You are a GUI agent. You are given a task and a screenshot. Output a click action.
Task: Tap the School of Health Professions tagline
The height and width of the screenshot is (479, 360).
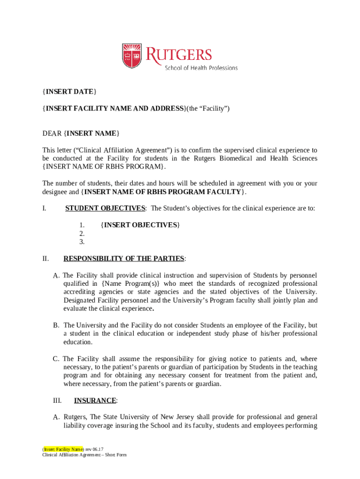click(201, 68)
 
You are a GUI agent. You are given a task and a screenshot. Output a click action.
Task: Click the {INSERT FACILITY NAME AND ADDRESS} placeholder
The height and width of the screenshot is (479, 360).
click(114, 109)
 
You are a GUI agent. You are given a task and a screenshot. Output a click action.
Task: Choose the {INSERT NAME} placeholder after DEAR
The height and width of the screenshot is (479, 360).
click(92, 134)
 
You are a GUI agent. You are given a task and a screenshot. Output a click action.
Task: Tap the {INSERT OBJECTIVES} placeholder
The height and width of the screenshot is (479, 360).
click(140, 225)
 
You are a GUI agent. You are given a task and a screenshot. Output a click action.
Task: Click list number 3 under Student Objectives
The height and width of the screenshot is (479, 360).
click(82, 242)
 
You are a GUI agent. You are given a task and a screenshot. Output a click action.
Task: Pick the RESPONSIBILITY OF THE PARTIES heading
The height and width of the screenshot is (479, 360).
click(124, 259)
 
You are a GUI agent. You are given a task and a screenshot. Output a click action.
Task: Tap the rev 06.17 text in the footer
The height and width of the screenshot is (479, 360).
click(94, 449)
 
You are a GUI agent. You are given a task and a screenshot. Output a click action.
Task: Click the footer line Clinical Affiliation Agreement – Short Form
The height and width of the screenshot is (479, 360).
click(84, 455)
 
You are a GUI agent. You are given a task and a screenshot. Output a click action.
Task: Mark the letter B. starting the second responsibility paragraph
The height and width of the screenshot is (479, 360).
click(56, 325)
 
